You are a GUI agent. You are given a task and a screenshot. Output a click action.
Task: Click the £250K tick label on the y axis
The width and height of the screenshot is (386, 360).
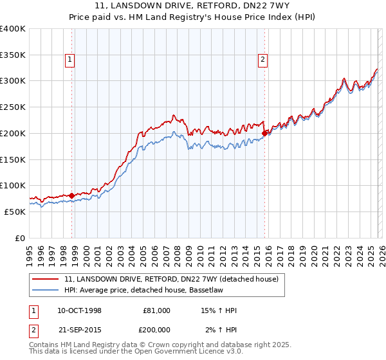click(12, 107)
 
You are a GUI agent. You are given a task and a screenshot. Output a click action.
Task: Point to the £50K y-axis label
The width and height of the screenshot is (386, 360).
click(14, 212)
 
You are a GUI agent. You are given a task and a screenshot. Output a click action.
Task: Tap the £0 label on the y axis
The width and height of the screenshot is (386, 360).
click(21, 238)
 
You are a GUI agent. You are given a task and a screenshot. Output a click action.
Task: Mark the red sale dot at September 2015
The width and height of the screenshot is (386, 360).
click(264, 133)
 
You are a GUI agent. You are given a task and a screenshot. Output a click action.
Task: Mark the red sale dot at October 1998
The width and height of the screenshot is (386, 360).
click(72, 195)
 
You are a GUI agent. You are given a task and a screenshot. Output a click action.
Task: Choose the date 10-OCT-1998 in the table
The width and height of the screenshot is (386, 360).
click(79, 310)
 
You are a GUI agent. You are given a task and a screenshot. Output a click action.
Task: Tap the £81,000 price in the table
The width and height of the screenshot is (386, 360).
click(156, 310)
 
